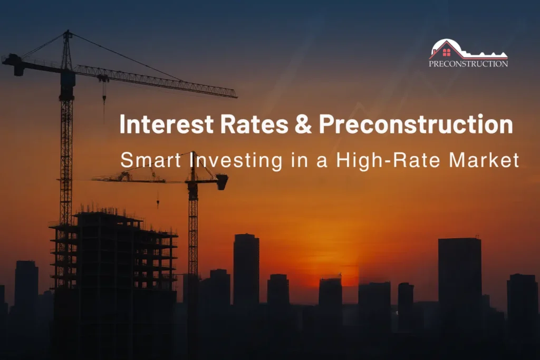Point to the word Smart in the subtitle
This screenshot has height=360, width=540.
151,160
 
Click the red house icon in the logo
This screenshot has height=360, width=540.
447,52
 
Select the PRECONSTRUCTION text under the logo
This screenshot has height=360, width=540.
468,64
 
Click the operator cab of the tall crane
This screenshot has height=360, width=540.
67,79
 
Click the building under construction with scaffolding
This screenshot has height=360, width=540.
113,253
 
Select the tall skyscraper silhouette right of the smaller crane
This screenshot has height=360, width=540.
246,269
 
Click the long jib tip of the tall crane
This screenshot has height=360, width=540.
235,96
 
